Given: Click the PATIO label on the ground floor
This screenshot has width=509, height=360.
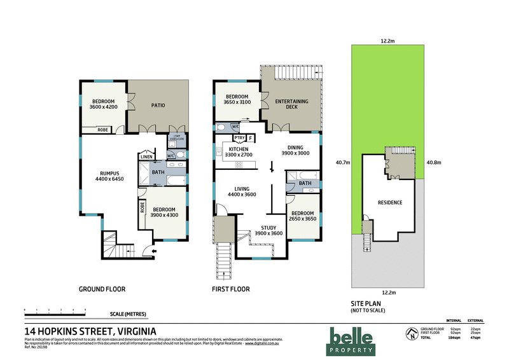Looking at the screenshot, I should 158,106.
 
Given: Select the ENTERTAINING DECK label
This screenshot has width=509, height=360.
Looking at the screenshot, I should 291,105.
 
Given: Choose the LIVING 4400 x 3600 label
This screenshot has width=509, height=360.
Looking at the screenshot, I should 242,191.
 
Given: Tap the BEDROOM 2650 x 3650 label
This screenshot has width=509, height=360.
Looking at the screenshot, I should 303,216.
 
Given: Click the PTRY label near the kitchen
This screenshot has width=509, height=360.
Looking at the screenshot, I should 239,137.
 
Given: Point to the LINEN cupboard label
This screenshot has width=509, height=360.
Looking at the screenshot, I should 146,156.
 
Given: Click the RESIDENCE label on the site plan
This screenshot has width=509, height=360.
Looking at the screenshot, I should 390,202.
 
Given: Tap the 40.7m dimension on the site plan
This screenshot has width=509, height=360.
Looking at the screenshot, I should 342,162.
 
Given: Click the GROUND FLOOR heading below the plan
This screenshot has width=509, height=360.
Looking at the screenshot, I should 102,289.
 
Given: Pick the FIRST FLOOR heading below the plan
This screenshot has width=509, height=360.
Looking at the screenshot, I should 230,289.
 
